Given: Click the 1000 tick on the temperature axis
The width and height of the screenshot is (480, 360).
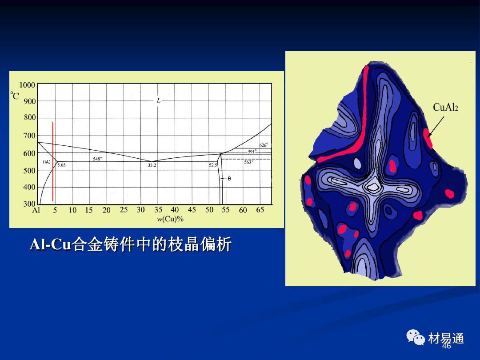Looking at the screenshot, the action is tap(27, 85).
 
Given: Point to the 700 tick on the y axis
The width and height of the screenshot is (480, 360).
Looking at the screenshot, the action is tap(29, 136).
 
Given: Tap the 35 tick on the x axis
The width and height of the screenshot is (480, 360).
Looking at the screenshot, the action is tap(158, 210).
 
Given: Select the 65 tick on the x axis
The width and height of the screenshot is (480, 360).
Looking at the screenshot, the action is tap(260, 210).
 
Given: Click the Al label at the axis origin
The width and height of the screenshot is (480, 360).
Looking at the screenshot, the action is tap(36, 210).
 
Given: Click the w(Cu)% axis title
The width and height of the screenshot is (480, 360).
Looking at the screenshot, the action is tap(170, 219).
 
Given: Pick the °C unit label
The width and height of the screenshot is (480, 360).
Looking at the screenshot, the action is tap(14, 96).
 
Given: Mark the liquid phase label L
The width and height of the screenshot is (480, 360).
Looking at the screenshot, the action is tap(158, 100).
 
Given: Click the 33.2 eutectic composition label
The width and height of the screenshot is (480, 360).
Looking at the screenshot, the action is tap(152, 165).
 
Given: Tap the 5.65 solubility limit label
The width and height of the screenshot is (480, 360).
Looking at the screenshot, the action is tap(61, 165).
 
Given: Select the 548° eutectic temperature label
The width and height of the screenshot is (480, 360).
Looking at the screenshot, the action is tap(97, 159).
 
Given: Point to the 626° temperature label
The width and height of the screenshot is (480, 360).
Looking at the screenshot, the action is tap(264, 145).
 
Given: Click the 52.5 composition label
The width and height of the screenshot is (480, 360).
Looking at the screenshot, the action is tap(213, 165).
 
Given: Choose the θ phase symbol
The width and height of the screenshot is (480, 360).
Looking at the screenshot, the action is tap(229, 179).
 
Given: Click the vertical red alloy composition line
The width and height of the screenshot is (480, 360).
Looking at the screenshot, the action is tap(52, 162).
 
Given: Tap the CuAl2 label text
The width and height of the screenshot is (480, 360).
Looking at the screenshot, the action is tap(445, 107).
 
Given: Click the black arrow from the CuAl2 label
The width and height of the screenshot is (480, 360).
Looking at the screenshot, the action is tap(436, 126).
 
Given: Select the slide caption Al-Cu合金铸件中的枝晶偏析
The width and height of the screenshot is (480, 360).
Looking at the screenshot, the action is tap(130, 244).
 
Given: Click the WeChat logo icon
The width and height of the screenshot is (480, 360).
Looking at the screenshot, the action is tap(416, 337).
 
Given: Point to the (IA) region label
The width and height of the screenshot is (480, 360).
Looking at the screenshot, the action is tap(47, 162).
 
